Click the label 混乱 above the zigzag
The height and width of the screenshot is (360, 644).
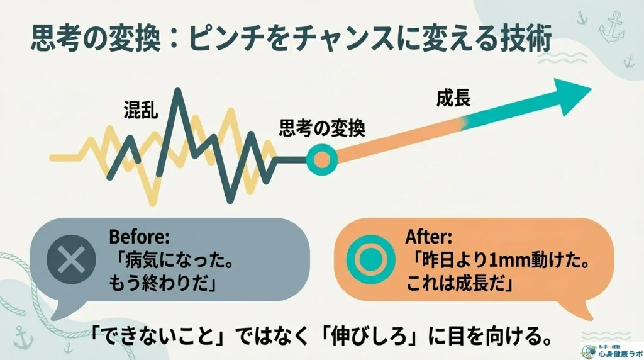pyautogui.click(x=141, y=111)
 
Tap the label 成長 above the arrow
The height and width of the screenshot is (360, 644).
pyautogui.click(x=454, y=98)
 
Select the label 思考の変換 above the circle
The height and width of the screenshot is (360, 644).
pyautogui.click(x=322, y=129)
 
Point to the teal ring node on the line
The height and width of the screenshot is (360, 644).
pyautogui.click(x=321, y=159)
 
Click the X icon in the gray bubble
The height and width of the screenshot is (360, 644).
pyautogui.click(x=70, y=258)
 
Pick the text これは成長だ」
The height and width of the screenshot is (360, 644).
pyautogui.click(x=460, y=283)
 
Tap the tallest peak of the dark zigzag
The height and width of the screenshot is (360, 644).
pyautogui.click(x=179, y=92)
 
